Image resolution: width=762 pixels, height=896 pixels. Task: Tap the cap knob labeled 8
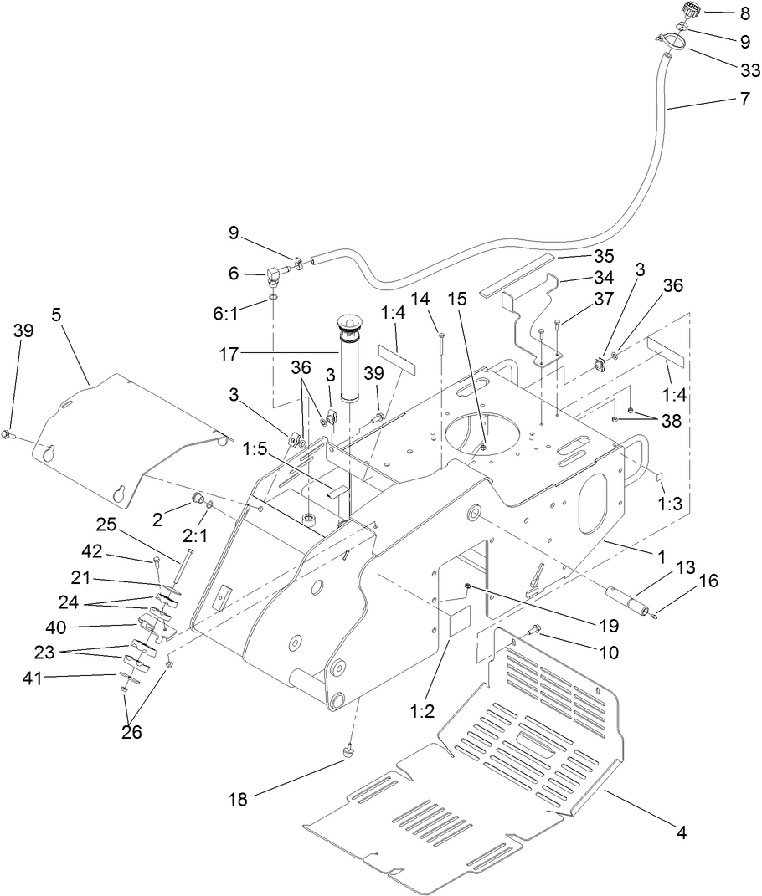[692, 12]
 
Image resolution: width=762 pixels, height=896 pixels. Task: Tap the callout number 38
[670, 422]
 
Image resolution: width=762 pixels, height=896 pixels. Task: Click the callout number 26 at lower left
[131, 732]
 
